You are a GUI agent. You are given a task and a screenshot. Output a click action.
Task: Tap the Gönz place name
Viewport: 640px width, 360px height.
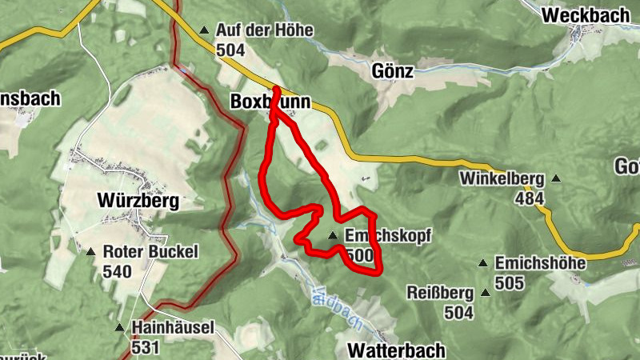(392, 71)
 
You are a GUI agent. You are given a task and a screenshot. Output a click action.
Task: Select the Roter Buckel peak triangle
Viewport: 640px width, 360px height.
(90, 251)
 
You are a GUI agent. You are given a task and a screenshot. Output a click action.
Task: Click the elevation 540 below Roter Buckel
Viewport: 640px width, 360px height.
(117, 270)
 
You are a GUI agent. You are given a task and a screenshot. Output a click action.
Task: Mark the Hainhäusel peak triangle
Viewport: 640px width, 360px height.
(118, 327)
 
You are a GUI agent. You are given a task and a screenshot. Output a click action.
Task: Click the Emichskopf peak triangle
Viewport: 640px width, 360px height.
(333, 235)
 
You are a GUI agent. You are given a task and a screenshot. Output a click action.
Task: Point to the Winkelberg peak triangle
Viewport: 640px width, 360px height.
(555, 178)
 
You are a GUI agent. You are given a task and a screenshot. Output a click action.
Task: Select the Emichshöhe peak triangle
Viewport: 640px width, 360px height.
(483, 263)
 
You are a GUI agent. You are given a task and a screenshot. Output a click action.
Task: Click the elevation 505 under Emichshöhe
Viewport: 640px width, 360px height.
(509, 282)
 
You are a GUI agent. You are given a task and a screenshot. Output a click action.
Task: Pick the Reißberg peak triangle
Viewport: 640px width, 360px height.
(485, 293)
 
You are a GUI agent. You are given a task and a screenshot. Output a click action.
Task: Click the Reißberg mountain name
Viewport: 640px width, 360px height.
(440, 293)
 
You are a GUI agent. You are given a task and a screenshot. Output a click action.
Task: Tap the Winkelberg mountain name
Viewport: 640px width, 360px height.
(502, 178)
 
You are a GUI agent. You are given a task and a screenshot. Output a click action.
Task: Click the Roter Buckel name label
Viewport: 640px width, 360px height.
(150, 252)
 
